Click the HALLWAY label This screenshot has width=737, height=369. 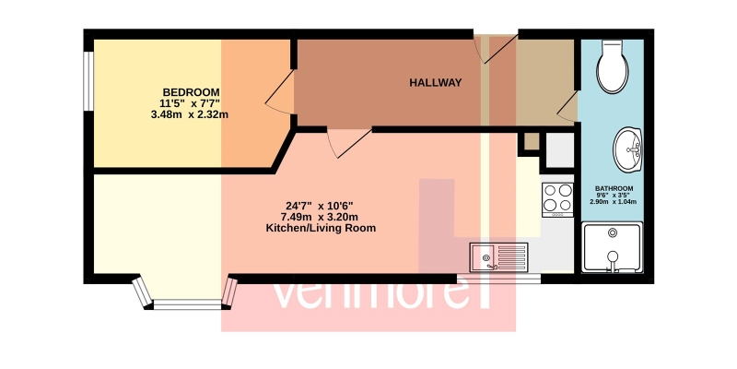coord(435,83)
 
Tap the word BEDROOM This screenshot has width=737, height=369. coord(191,91)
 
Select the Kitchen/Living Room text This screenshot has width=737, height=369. coord(321,229)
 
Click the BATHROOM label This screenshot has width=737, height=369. coord(613,188)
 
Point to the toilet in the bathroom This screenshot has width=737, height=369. coord(613,65)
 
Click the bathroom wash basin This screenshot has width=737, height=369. coord(628,149)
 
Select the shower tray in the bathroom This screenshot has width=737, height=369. coord(612,248)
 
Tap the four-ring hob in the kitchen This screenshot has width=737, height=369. coord(558,199)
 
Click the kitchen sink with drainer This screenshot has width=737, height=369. coord(498,257)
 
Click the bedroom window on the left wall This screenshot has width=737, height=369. coord(88,80)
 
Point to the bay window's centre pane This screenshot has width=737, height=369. coord(187,305)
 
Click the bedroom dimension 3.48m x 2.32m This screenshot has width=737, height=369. coord(190,114)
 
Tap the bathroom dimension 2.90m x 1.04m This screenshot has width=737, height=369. coord(613,202)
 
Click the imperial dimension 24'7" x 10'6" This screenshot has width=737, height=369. coord(319,206)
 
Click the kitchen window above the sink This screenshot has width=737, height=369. coord(498,280)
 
